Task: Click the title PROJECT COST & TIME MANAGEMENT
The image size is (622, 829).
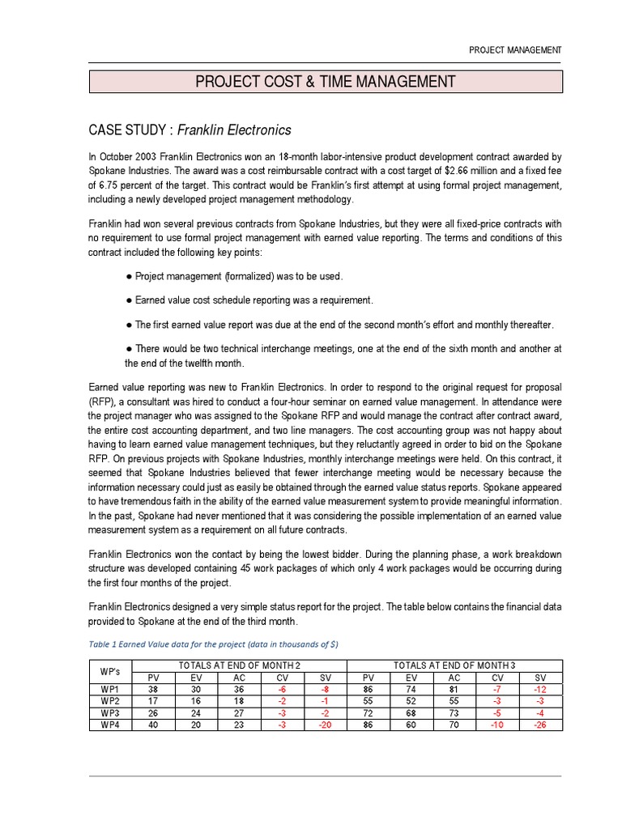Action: (x=324, y=82)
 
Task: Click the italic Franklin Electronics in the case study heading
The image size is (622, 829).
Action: (x=235, y=130)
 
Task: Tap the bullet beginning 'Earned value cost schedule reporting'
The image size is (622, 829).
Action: (x=250, y=300)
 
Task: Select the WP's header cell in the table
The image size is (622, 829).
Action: (x=111, y=671)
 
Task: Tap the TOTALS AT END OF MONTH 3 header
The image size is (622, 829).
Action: (x=454, y=665)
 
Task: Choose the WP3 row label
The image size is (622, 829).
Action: (x=111, y=713)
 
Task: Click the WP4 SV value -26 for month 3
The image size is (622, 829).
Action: (x=539, y=725)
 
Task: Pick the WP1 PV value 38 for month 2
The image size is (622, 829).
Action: (x=154, y=689)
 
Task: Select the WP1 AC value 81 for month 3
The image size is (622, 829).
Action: (x=454, y=689)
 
